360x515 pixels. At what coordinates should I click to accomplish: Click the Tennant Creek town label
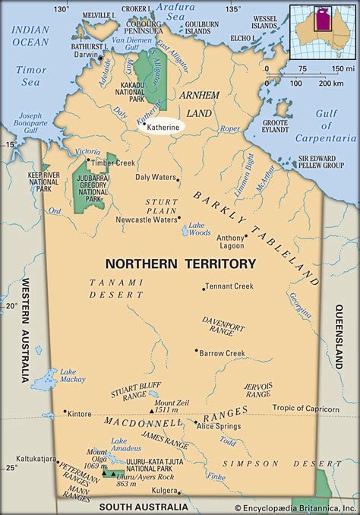pos(231,288)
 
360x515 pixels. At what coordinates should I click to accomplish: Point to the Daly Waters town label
pos(155,178)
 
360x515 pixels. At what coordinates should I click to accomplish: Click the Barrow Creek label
pos(223,353)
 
